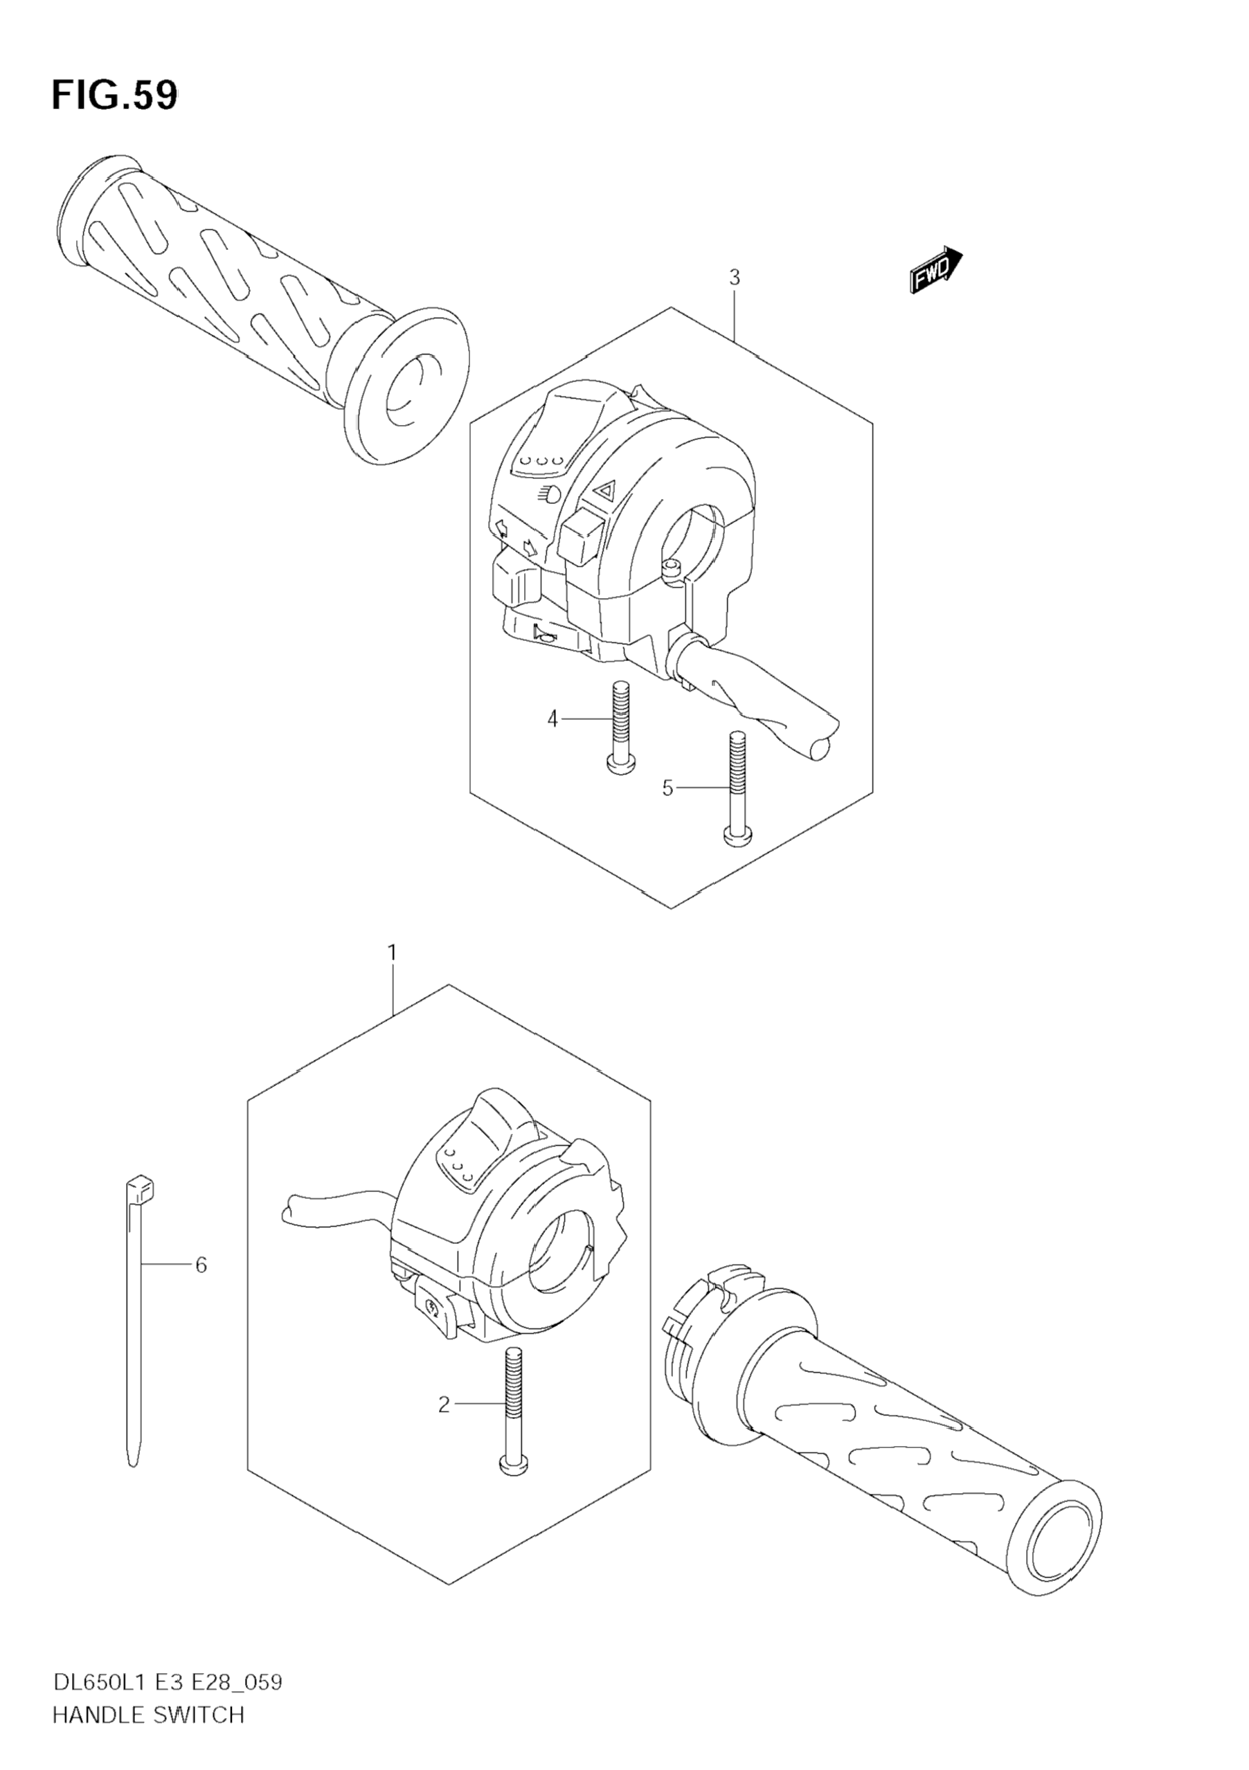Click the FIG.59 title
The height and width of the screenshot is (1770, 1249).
coord(114,96)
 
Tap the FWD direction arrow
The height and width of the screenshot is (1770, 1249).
coord(935,271)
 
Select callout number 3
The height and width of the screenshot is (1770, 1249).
coord(734,278)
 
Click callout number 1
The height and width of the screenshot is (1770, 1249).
coord(392,954)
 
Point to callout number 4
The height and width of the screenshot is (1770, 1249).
coord(552,719)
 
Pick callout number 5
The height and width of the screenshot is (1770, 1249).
coord(667,788)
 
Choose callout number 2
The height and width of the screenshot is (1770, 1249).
coord(443,1405)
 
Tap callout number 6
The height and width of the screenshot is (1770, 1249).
coord(201,1265)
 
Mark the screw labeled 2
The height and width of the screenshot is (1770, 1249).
coord(514,1410)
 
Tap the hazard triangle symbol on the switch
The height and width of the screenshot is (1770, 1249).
coord(605,489)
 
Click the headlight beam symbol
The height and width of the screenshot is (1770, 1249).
coord(550,494)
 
